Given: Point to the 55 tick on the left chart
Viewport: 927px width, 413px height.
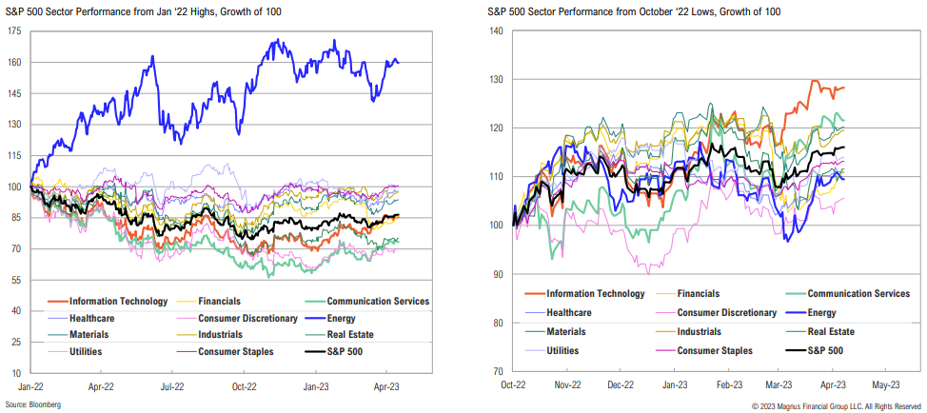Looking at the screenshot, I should (x=16, y=280).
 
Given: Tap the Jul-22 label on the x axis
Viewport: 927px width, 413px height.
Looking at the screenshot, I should (x=170, y=387).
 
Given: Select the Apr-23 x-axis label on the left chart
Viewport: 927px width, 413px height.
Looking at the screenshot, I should (x=385, y=387).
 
